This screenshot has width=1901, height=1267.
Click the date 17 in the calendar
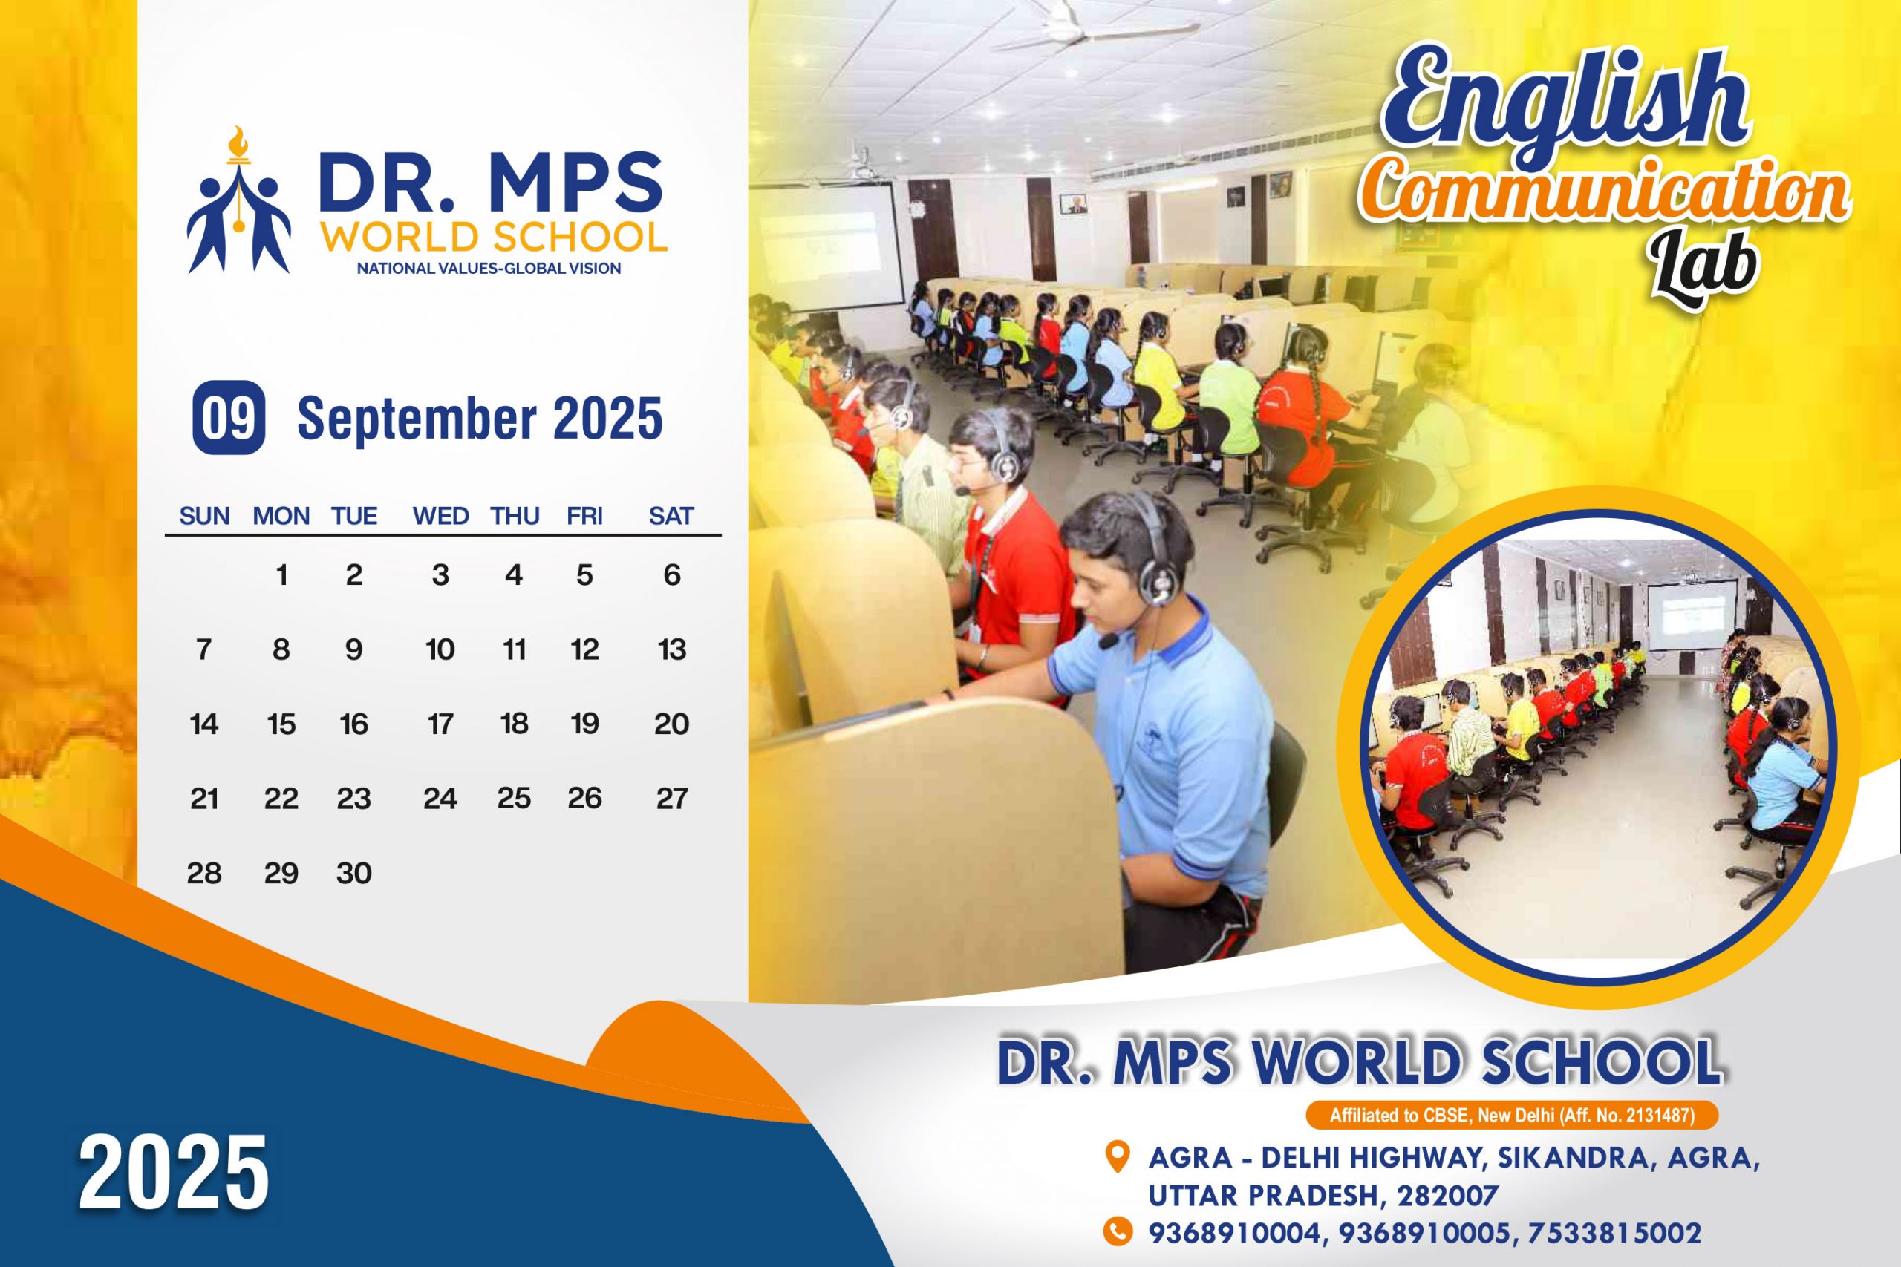click(x=440, y=724)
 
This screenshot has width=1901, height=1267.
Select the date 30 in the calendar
click(x=354, y=873)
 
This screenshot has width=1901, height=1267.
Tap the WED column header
click(x=440, y=517)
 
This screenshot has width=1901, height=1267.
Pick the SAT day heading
click(x=671, y=517)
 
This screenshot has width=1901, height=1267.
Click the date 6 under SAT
click(x=671, y=575)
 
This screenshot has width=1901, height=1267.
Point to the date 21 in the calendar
click(x=203, y=799)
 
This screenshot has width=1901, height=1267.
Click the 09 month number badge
click(x=229, y=417)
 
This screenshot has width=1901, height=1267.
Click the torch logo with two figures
click(x=238, y=200)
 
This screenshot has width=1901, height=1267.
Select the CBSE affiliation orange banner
click(x=1511, y=1116)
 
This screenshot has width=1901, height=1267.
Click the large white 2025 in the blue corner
click(x=173, y=1172)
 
